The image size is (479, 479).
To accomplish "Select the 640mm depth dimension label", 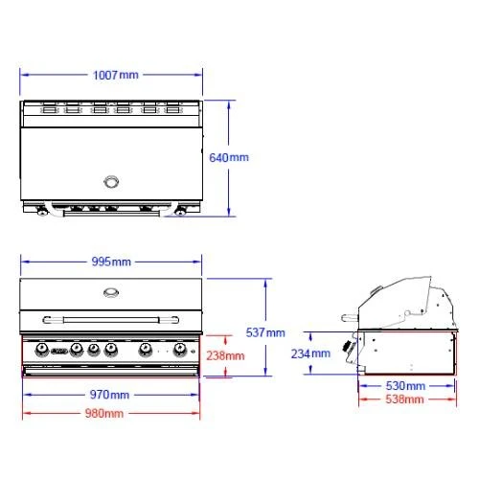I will point(229,158).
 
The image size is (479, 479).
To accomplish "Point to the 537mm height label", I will point(265,332).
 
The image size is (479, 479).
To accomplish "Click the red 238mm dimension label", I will point(225,355).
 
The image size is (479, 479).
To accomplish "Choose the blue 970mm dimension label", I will point(109,395).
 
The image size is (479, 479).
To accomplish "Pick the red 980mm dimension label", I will point(109,413).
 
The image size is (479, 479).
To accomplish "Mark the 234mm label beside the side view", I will point(312,354).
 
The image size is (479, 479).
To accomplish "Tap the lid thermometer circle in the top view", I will point(112,181).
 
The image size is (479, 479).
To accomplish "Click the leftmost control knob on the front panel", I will point(42,349).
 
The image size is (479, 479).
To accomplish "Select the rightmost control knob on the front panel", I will point(180,349).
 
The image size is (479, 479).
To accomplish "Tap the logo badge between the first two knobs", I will point(58,352).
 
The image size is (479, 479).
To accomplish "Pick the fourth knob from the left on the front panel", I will point(111,349).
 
